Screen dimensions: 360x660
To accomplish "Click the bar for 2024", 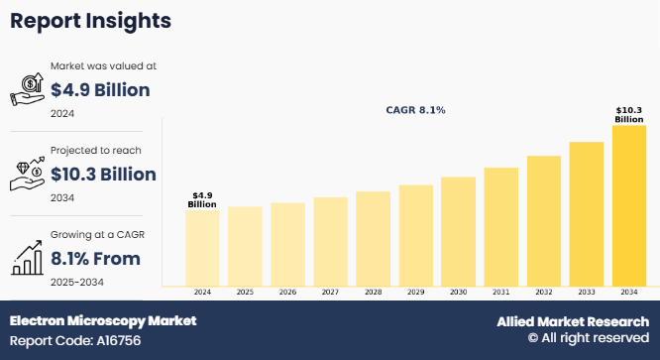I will pos(202,247).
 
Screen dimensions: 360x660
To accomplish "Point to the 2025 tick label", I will pos(245,293).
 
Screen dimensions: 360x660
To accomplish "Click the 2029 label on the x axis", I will pos(415,293).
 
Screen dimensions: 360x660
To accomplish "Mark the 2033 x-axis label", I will pos(586,293).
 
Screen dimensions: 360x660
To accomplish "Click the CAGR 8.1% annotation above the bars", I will pos(415,110).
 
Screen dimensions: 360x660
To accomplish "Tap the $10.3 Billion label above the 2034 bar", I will pos(628,114).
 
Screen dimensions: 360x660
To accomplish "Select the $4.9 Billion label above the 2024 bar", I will pos(202,199).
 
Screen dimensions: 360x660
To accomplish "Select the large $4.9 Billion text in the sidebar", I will pos(100,90).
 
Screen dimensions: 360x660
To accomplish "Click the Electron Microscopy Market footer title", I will pos(103,321).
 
